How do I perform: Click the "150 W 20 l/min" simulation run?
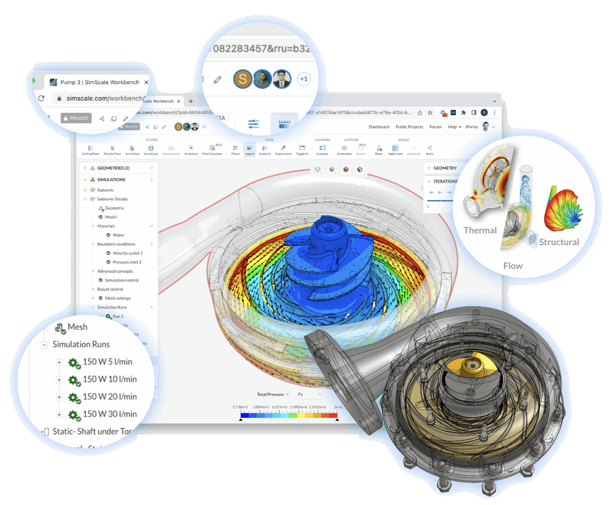(x=109, y=396)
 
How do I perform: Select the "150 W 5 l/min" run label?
(x=107, y=362)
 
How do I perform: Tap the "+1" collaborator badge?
(x=303, y=79)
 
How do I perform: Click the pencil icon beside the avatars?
(x=218, y=79)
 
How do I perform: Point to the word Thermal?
(x=480, y=230)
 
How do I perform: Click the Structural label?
(x=559, y=242)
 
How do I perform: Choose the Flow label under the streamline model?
(x=513, y=266)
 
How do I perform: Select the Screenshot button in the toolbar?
(x=344, y=150)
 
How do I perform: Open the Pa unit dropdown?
(x=309, y=394)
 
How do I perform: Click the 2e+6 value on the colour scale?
(x=338, y=406)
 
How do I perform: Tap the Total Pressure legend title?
(x=270, y=394)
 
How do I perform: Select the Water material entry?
(x=118, y=235)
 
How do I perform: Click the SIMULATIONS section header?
(x=111, y=179)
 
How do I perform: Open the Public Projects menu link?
(x=409, y=127)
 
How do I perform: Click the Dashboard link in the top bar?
(x=379, y=127)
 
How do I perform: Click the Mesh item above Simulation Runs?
(x=77, y=327)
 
